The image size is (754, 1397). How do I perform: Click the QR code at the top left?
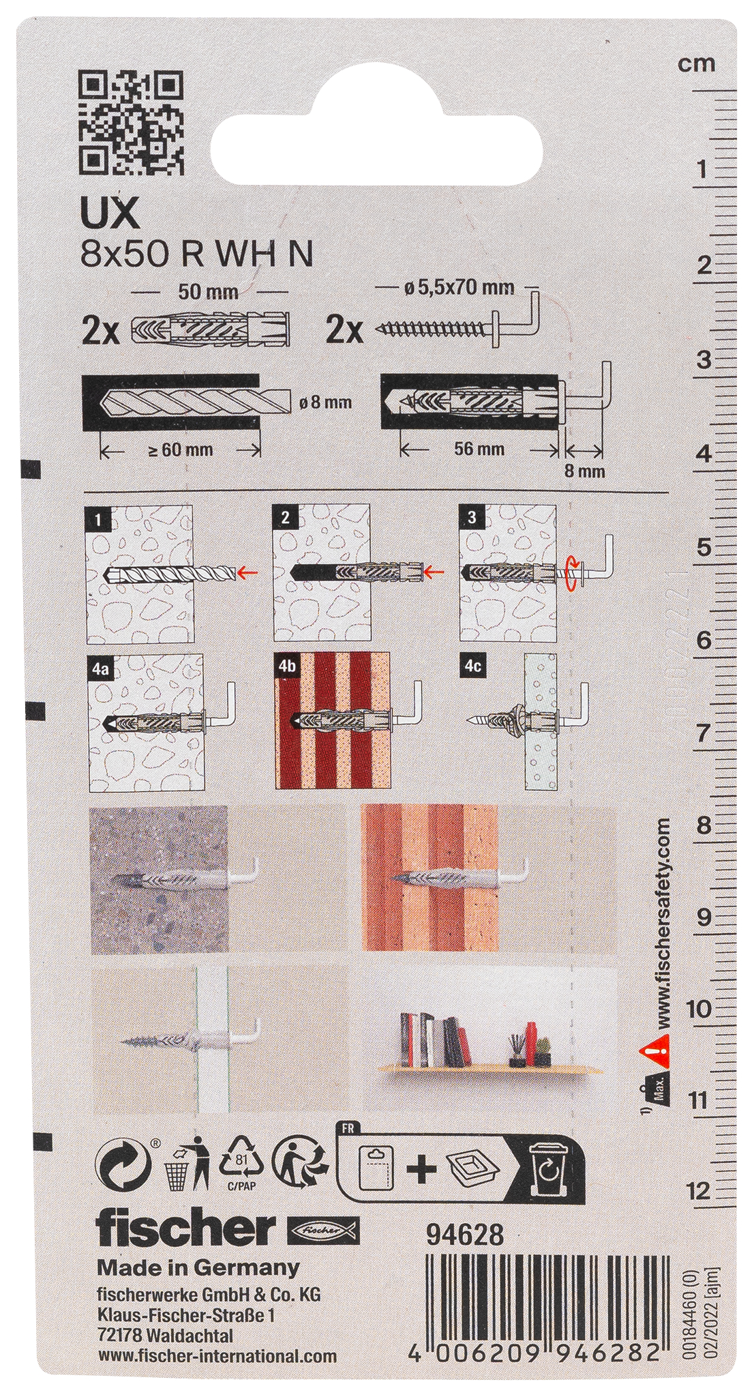[x=132, y=122]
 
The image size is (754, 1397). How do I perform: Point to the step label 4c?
[x=472, y=666]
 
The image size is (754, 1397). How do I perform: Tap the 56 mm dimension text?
[x=478, y=449]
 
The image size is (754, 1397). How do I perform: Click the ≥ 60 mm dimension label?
[x=179, y=450]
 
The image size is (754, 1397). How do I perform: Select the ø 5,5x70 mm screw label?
[x=459, y=288]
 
